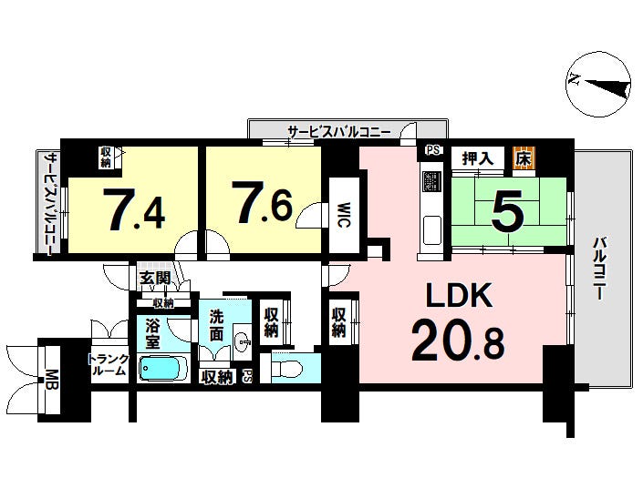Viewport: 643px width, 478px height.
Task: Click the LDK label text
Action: click(x=459, y=295)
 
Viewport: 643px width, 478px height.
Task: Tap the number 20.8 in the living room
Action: click(x=458, y=341)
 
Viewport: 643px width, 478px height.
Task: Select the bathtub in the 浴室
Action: click(x=163, y=368)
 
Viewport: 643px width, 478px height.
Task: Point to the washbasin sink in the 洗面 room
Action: click(x=244, y=341)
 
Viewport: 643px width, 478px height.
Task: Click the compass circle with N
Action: click(x=598, y=85)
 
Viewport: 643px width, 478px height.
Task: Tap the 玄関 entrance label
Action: click(x=155, y=279)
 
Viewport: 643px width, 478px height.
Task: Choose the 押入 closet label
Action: click(x=477, y=158)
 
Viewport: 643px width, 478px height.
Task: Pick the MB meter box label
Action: click(x=51, y=381)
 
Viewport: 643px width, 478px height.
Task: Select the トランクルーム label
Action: click(x=109, y=365)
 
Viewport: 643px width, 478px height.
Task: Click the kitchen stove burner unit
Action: click(x=431, y=181)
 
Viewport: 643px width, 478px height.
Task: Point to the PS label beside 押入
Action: click(x=433, y=150)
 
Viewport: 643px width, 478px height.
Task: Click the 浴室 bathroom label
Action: click(x=152, y=334)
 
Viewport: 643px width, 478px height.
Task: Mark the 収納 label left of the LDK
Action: click(x=338, y=322)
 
